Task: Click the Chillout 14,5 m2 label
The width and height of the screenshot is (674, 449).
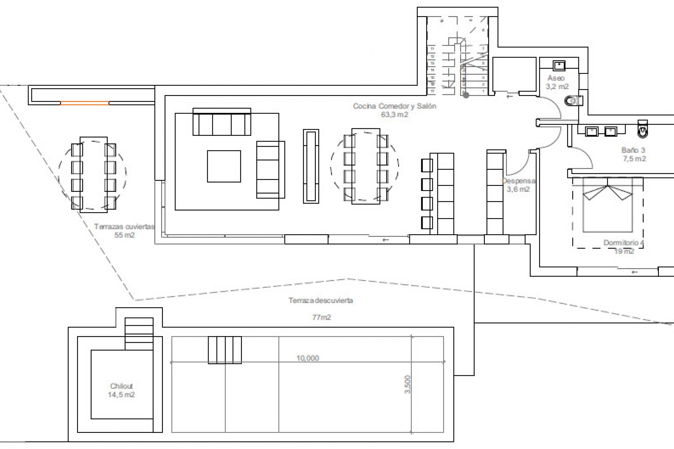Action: pos(121,390)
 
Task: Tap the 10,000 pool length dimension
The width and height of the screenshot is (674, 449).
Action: pos(308,358)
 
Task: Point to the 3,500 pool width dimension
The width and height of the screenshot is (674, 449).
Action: pos(408,384)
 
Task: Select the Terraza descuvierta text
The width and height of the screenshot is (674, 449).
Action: pos(321,301)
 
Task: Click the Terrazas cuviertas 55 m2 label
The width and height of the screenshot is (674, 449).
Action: pos(124,231)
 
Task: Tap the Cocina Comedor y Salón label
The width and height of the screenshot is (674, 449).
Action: pos(395,106)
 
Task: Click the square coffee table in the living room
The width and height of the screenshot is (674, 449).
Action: pos(224,166)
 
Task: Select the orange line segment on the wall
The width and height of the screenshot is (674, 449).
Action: pos(85,103)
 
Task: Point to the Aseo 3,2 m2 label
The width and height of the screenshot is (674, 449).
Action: pos(557,82)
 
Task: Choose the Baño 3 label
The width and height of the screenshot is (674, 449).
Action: pos(634,154)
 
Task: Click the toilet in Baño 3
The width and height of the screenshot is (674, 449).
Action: pos(643,129)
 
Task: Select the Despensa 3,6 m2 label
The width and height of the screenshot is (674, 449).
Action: pos(518,185)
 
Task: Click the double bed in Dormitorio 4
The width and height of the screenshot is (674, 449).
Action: pos(608,205)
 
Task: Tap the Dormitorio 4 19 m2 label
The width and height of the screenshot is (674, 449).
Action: pos(624,247)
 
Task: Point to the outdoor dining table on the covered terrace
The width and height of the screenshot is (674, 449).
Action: pos(93,175)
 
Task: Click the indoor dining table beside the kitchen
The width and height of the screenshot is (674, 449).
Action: pos(365,166)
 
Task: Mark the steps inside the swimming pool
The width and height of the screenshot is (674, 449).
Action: pos(225,350)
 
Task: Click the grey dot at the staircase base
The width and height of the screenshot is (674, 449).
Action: pos(466,95)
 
